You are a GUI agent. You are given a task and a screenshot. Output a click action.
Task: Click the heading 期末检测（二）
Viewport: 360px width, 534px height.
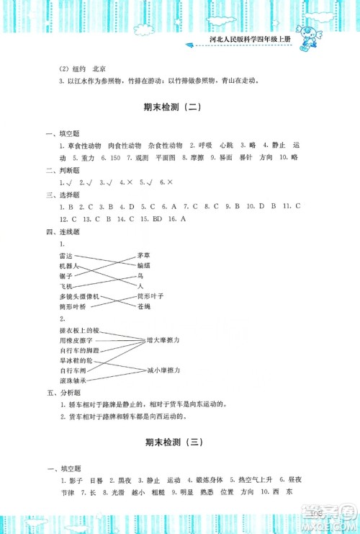(x=180, y=108)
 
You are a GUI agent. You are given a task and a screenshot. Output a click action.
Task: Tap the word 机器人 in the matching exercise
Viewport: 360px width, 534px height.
(x=70, y=267)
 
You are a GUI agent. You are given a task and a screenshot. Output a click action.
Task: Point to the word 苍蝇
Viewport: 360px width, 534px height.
(x=143, y=307)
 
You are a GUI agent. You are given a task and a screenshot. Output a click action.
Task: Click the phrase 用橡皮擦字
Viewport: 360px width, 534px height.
(x=74, y=339)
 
